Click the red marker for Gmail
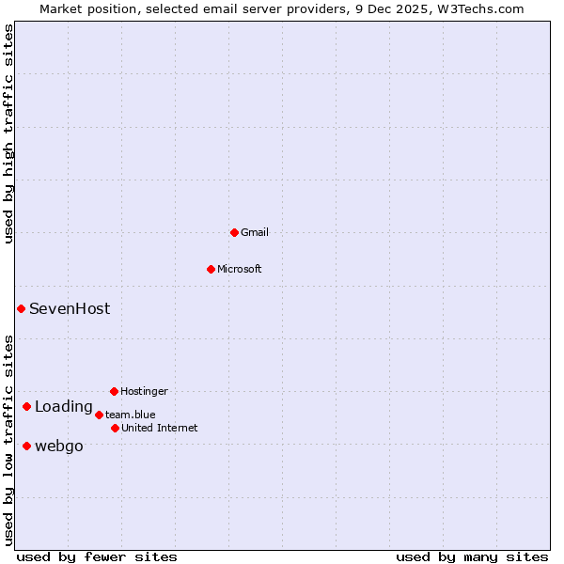(x=234, y=232)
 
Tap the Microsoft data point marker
(x=211, y=269)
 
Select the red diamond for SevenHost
(x=21, y=308)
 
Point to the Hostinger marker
(x=114, y=391)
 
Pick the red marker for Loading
(x=26, y=407)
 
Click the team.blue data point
(x=99, y=415)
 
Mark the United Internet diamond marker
(x=115, y=428)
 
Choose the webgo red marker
(x=26, y=446)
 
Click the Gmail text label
(x=255, y=232)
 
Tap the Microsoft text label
(x=240, y=269)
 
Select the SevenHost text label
(x=70, y=308)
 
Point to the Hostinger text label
(x=144, y=391)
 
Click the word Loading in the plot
(x=64, y=407)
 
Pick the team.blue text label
(x=131, y=415)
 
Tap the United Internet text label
(x=160, y=428)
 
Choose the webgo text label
(x=59, y=446)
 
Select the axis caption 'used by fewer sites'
(x=97, y=556)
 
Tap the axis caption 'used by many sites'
(x=472, y=556)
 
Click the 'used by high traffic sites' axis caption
(x=8, y=134)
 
